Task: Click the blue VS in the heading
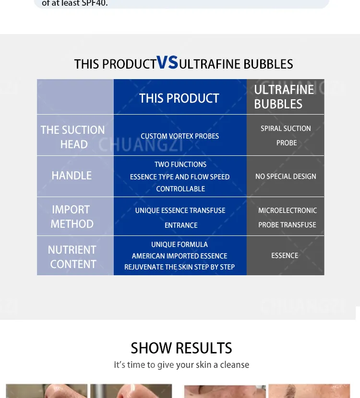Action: coord(167,62)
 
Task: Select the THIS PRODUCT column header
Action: coord(179,98)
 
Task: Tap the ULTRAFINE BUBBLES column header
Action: coord(284,97)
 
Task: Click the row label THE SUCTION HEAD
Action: coord(73,137)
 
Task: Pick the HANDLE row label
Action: coord(72,176)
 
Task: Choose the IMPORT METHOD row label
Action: coord(72,217)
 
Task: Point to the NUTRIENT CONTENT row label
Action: coord(72,257)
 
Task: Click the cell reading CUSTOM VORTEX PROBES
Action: coord(180,136)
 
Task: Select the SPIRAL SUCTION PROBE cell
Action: coord(286,136)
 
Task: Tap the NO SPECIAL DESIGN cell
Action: coord(286,176)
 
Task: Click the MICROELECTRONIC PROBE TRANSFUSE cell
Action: coord(288,218)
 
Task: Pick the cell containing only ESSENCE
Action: coord(285,256)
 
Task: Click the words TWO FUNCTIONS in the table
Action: coord(180,164)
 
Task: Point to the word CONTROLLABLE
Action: coord(180,189)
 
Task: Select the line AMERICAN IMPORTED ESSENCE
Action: coord(180,256)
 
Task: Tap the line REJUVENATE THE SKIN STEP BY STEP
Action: coord(180,267)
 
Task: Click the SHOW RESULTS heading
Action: coord(181,348)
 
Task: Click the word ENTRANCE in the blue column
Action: coord(181,225)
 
